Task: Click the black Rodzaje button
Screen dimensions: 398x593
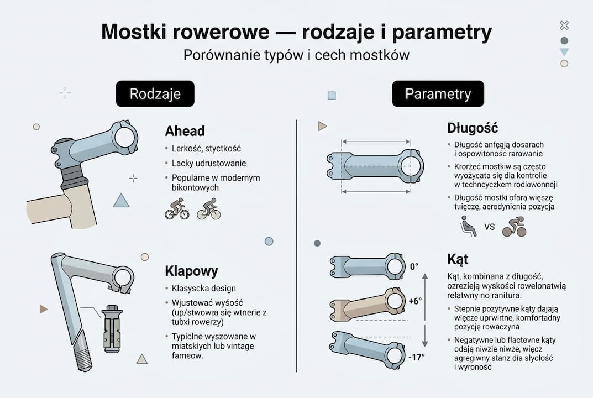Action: (155, 94)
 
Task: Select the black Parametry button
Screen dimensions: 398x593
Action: (438, 94)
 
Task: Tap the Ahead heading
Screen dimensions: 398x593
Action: (185, 131)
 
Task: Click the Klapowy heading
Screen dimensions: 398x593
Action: (191, 271)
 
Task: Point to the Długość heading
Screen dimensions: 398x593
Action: (473, 128)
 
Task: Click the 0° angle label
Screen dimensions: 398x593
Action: (414, 266)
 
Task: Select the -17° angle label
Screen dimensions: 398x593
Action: (417, 357)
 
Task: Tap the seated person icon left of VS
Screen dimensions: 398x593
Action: (469, 226)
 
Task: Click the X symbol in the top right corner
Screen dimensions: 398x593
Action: (564, 25)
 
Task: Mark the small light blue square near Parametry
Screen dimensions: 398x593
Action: (332, 95)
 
